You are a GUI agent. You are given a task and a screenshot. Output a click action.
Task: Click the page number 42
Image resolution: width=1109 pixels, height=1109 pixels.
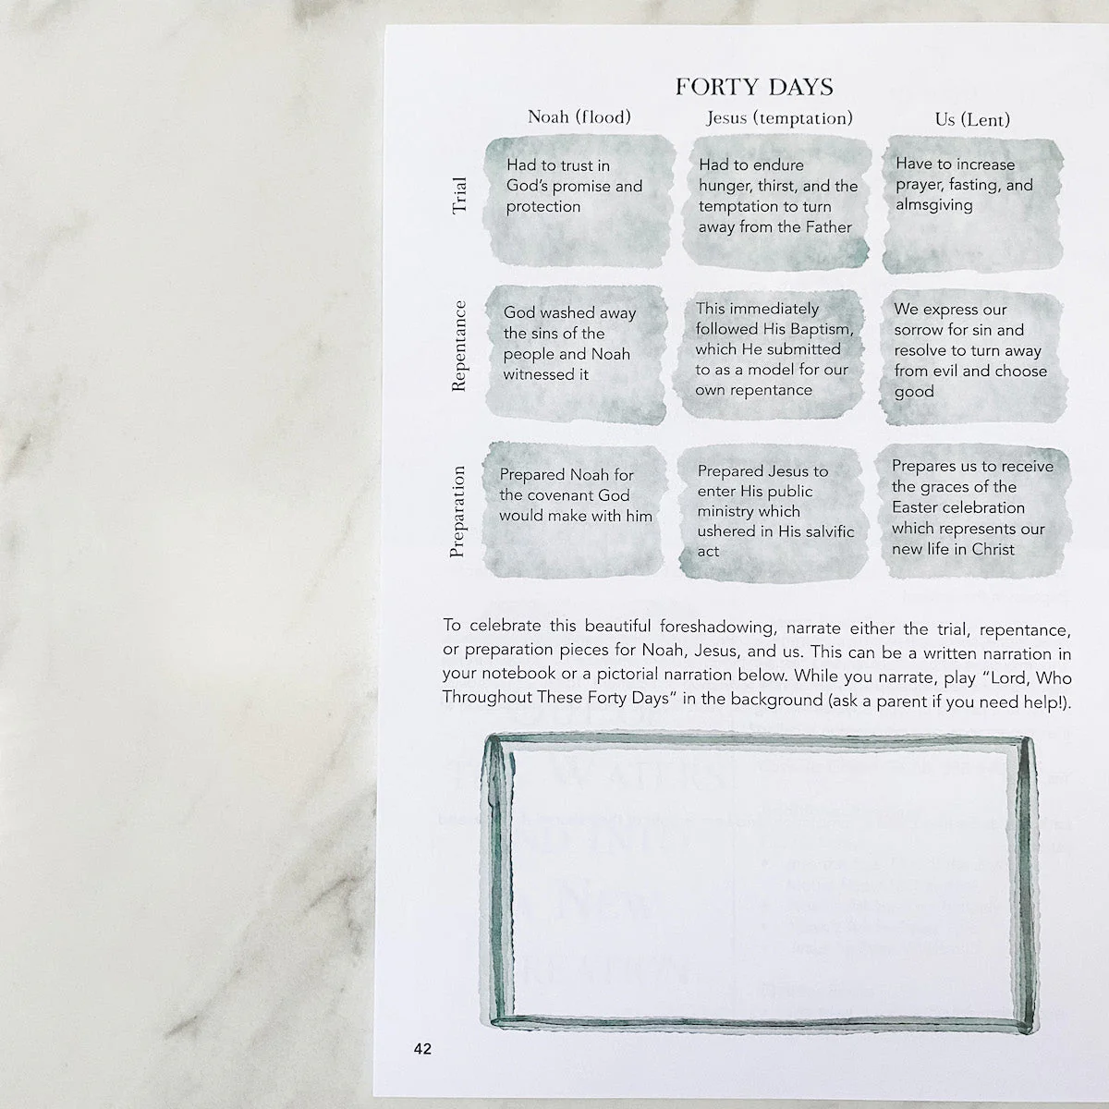[x=422, y=1049]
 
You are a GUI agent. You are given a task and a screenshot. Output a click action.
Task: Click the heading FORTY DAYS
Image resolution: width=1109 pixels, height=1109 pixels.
[x=754, y=88]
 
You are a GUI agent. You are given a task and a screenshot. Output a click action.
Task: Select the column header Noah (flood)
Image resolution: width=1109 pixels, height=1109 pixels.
[x=579, y=117]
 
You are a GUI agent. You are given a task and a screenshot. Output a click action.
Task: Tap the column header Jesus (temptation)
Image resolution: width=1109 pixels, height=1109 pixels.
[x=779, y=118]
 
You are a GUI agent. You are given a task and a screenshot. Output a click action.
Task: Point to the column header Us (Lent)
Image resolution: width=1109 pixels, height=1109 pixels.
[x=972, y=120]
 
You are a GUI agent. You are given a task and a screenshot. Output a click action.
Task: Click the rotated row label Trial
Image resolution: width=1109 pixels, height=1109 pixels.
[x=459, y=196]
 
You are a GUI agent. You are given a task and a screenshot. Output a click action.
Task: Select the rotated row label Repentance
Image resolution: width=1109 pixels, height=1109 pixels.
[x=458, y=347]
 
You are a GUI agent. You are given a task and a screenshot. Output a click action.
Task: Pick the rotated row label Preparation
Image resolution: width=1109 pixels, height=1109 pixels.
[x=457, y=512]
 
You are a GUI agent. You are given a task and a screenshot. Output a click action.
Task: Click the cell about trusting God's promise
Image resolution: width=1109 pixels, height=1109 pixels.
[x=578, y=201]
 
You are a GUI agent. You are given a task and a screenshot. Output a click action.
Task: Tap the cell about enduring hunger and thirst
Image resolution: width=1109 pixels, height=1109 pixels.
[x=775, y=202]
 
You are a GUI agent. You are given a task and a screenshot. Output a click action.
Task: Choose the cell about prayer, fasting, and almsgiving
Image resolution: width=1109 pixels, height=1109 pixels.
[x=972, y=204]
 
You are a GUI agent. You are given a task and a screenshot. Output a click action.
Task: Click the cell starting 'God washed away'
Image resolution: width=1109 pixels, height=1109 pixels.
[x=576, y=355]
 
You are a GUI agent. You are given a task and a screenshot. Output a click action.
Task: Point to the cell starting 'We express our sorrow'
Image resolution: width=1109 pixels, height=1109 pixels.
[x=972, y=358]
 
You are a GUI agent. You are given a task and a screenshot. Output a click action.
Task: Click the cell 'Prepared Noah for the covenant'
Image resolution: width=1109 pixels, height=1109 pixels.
[x=574, y=510]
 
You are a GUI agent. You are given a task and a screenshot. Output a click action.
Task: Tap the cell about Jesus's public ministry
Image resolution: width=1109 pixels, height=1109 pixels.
[x=773, y=512]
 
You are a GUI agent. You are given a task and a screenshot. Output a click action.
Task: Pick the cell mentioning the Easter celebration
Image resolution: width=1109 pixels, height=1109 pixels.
[x=972, y=510]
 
